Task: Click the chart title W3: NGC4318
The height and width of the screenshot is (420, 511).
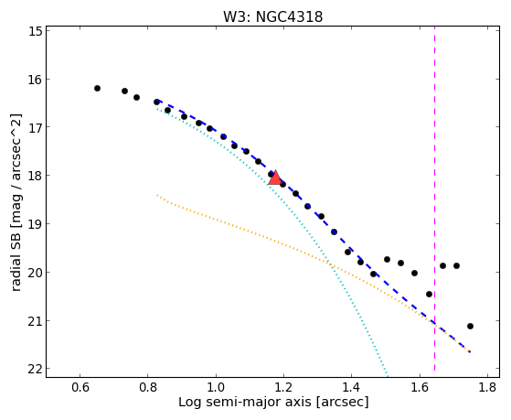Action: [x=272, y=16]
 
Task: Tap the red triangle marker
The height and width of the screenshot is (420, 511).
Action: [x=275, y=178]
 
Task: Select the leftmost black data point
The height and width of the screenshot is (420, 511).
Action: [x=97, y=88]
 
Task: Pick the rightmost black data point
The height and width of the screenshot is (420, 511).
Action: [x=470, y=326]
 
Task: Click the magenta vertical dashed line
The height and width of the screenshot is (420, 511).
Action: [x=434, y=199]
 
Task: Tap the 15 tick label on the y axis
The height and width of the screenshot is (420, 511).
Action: [x=34, y=31]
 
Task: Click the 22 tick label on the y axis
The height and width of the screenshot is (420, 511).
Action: [x=34, y=369]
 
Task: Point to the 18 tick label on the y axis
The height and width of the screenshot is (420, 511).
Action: [x=34, y=176]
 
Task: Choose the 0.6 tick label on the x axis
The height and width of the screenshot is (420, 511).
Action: [x=80, y=387]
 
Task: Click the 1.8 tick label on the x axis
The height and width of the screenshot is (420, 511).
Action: [x=487, y=387]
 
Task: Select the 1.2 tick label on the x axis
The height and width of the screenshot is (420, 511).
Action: [x=283, y=387]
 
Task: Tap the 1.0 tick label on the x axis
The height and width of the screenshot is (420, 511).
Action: [x=216, y=387]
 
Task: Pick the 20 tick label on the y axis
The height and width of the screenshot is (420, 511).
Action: [x=34, y=272]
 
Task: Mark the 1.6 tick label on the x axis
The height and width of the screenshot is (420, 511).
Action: [x=420, y=387]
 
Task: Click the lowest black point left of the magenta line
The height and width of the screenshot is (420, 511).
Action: [x=430, y=294]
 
